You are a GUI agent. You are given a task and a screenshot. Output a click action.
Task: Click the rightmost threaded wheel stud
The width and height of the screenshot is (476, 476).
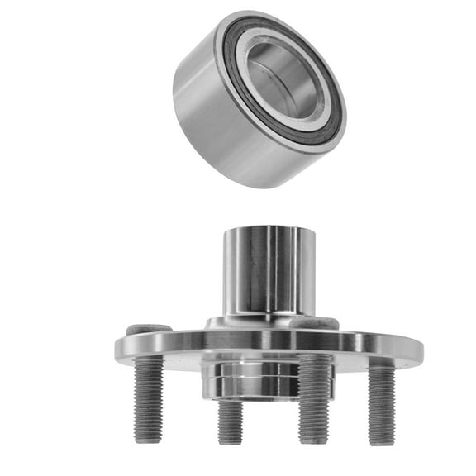[381, 405]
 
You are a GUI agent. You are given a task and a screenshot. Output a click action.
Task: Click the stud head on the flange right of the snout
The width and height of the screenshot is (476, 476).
[327, 323]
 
